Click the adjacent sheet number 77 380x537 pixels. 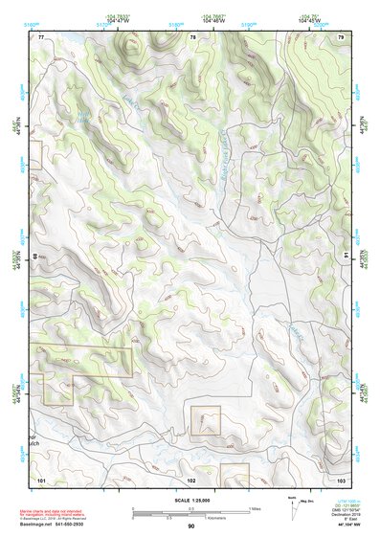(x=41, y=37)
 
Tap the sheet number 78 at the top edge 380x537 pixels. (x=192, y=37)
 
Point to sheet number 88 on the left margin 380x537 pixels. (x=37, y=257)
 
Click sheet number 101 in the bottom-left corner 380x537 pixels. (x=41, y=478)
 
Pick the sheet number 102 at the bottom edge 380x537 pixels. (x=191, y=478)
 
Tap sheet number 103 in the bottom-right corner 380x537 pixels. (x=342, y=478)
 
